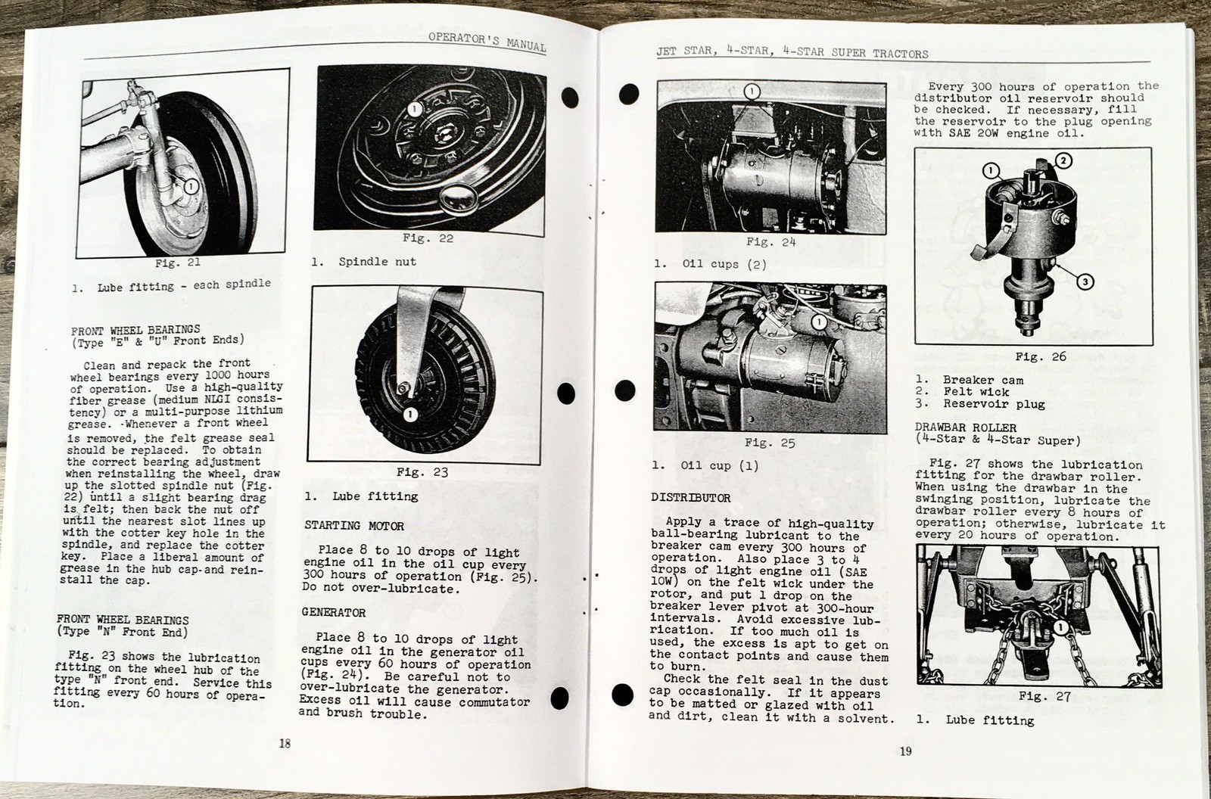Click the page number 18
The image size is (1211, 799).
click(x=285, y=743)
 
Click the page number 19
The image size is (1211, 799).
click(x=905, y=751)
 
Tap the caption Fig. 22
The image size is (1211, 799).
click(x=428, y=238)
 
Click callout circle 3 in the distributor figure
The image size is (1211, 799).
click(x=1085, y=281)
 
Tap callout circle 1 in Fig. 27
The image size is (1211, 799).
click(x=1060, y=628)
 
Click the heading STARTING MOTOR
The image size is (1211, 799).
click(x=354, y=526)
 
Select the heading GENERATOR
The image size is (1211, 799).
click(x=334, y=613)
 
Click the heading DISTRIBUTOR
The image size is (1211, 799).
click(x=691, y=498)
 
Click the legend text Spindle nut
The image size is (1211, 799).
click(x=377, y=262)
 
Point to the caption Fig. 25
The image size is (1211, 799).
click(x=770, y=443)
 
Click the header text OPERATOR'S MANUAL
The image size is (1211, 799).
click(x=486, y=40)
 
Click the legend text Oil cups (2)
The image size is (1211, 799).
click(x=724, y=264)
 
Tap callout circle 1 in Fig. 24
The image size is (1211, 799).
click(x=751, y=92)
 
